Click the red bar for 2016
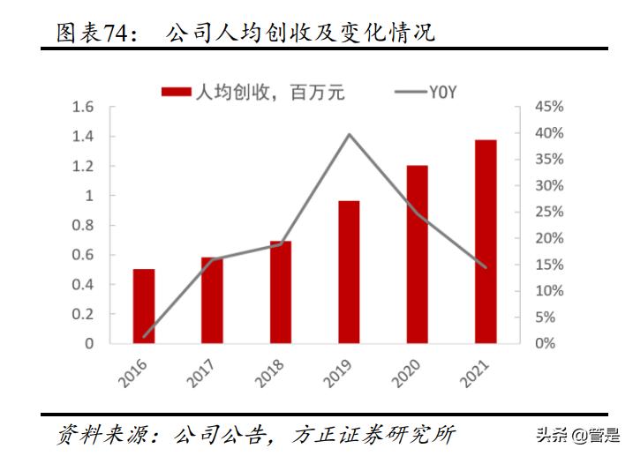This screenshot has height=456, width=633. (x=144, y=306)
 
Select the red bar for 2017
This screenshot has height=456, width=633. (x=212, y=300)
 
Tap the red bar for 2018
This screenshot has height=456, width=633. (x=280, y=292)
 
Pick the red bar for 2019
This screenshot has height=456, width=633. (x=349, y=272)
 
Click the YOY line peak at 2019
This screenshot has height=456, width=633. (x=349, y=134)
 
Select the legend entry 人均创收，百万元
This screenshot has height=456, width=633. (x=252, y=90)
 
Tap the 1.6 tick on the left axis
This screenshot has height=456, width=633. (x=83, y=107)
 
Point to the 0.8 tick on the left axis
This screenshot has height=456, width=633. (x=83, y=225)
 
